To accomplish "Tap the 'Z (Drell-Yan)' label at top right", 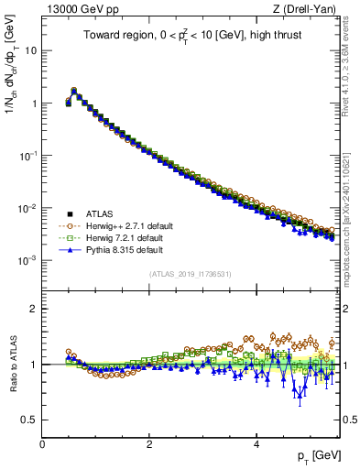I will [307, 10].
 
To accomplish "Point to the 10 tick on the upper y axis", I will [31, 50].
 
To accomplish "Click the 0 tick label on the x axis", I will [42, 443].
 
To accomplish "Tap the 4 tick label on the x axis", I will [256, 443].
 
